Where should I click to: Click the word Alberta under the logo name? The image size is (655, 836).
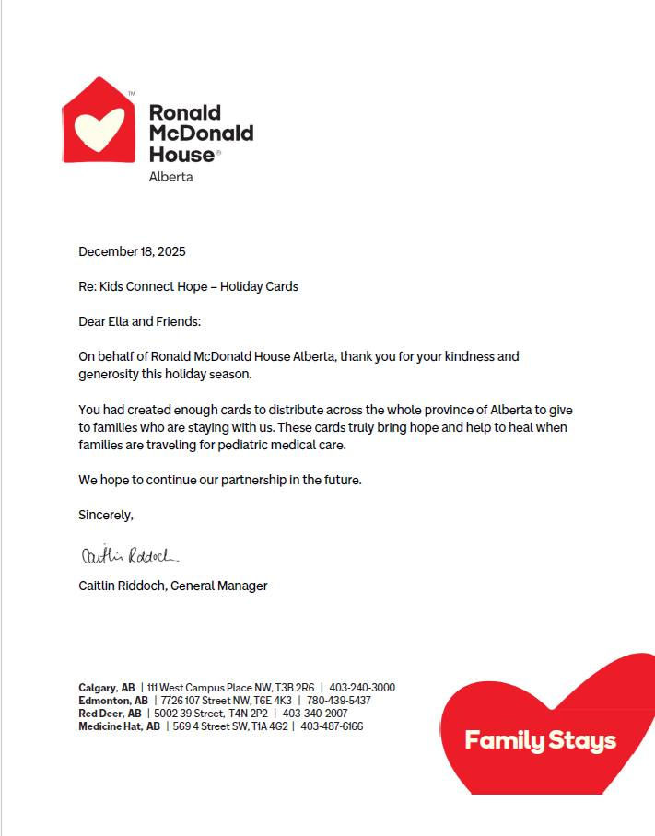pos(170,177)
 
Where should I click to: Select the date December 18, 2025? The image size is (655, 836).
pos(132,251)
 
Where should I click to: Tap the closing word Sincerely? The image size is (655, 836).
pos(105,515)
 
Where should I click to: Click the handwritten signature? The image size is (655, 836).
pos(130,555)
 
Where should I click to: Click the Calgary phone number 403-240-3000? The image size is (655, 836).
pos(362,688)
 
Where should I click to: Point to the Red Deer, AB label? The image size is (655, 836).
pos(110,714)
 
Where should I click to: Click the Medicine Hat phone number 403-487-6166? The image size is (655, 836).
pos(332,726)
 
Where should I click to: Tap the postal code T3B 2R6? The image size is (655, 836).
pos(294,688)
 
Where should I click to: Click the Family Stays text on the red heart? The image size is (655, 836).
pos(540,740)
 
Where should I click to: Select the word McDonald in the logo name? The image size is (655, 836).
pos(201,134)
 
